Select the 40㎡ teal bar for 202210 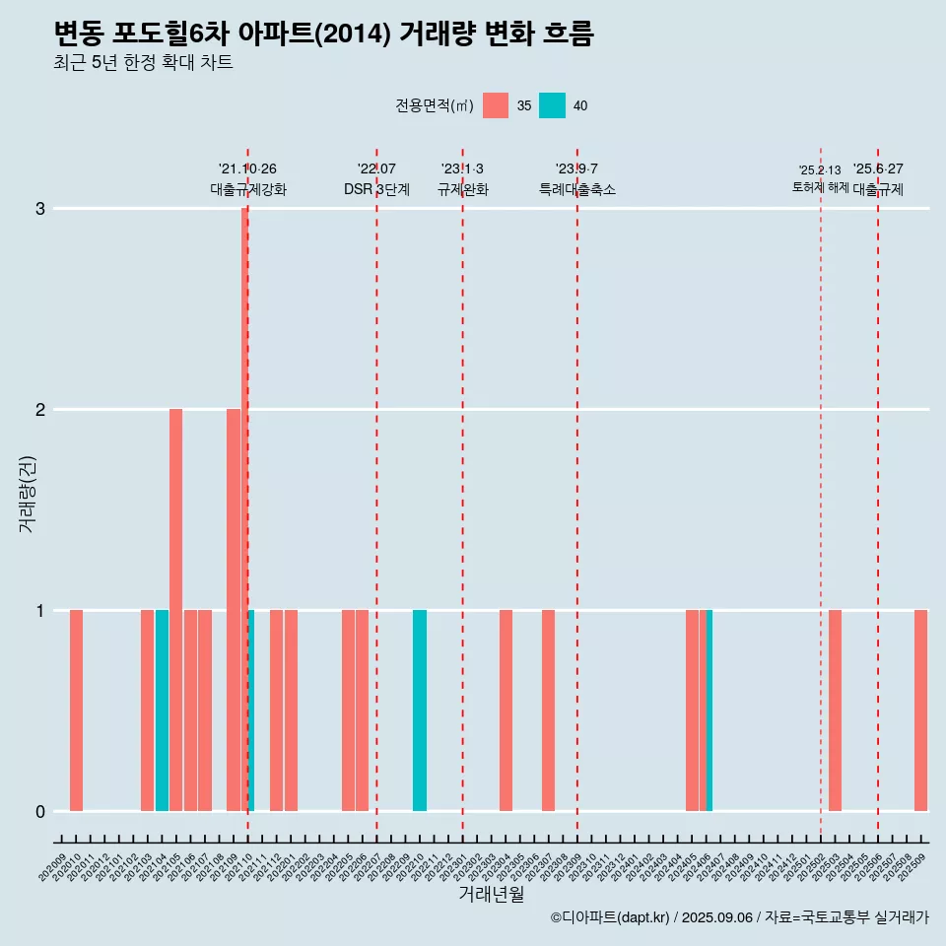tap(420, 710)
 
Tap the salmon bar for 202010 tap(76, 710)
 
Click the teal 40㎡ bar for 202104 tap(162, 710)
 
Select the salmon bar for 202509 tap(920, 710)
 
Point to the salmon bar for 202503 tap(835, 710)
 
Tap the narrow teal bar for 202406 tap(709, 710)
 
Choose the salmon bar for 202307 tap(548, 710)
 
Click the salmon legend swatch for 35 tap(496, 105)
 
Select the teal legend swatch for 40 tap(552, 105)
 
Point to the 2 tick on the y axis tap(40, 410)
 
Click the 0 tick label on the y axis tap(40, 812)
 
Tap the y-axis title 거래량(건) tap(27, 493)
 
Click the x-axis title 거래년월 tap(491, 894)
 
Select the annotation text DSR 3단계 tap(376, 189)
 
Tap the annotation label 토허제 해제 tap(820, 187)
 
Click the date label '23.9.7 tap(576, 169)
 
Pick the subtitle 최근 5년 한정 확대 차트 tap(143, 63)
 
